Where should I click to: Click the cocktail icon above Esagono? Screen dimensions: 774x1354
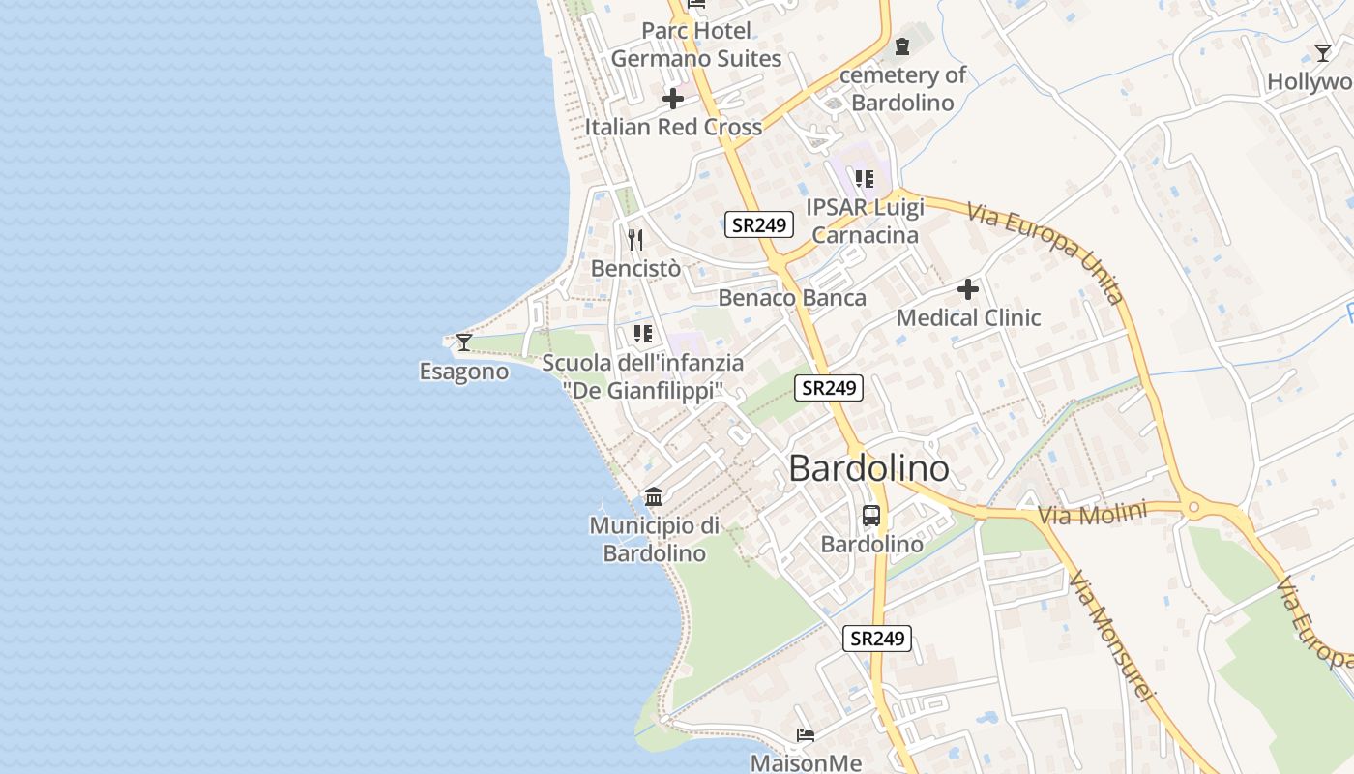tap(464, 342)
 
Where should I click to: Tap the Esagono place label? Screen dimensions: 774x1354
tap(464, 372)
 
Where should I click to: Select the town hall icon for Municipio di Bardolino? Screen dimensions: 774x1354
tap(654, 496)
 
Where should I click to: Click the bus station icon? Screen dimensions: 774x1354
tap(871, 515)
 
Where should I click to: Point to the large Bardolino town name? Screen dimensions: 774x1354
tap(868, 469)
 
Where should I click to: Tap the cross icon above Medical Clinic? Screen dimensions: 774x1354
tap(968, 289)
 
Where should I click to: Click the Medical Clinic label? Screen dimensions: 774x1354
tap(968, 317)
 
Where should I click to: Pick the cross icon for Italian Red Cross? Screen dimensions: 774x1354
tap(673, 99)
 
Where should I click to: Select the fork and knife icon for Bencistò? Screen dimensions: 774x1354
tap(635, 240)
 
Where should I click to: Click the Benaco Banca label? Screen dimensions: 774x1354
tap(792, 297)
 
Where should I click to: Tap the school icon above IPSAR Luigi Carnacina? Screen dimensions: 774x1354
tap(865, 179)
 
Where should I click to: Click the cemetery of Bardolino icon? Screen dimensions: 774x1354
tap(902, 45)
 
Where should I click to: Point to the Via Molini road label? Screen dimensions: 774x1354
tap(1092, 514)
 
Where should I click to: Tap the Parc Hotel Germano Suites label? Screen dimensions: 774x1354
tap(695, 45)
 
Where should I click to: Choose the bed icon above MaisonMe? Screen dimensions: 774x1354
tap(806, 735)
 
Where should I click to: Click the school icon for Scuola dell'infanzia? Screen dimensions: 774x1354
tap(642, 334)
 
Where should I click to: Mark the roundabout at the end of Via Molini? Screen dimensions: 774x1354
tap(1193, 506)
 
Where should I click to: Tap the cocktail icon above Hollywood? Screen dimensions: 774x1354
tap(1323, 52)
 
